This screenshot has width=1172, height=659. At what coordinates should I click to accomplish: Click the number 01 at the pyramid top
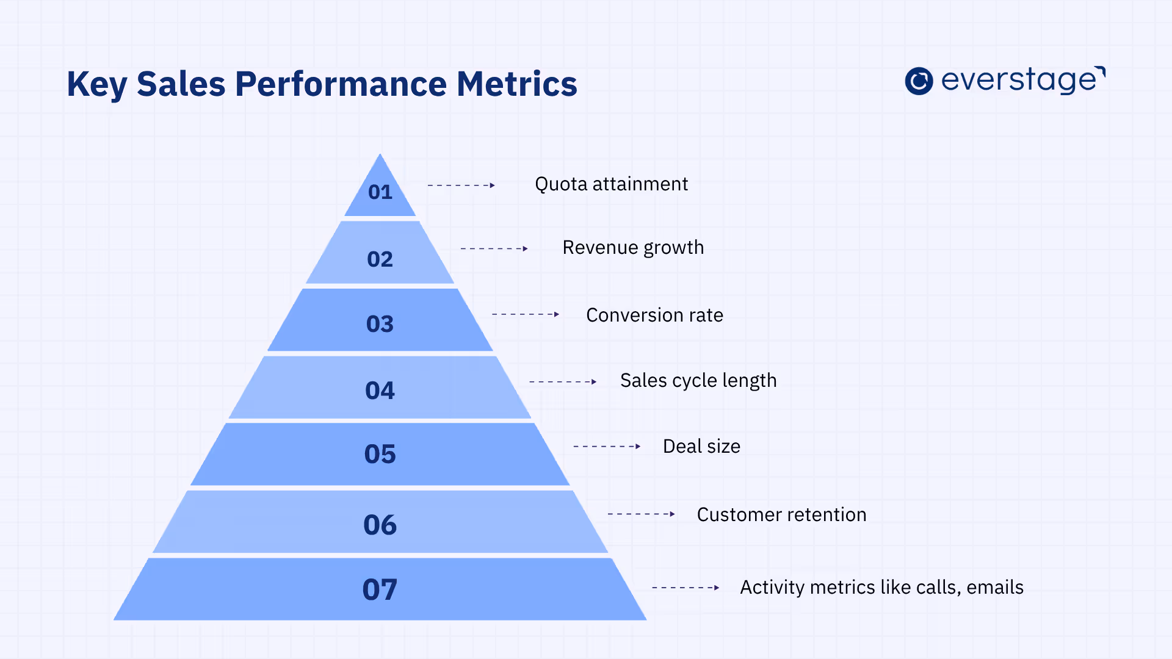(380, 192)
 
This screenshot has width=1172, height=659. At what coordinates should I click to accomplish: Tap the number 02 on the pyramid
(380, 259)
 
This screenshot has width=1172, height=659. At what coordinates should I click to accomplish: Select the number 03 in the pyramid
(380, 324)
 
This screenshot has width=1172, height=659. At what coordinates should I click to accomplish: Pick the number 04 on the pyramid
(380, 391)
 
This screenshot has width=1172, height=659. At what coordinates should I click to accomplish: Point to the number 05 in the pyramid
(380, 455)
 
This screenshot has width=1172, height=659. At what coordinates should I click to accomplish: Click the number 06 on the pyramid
(380, 525)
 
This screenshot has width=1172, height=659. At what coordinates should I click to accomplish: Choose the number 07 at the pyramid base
(380, 590)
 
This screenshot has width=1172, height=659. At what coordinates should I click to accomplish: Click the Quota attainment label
(611, 184)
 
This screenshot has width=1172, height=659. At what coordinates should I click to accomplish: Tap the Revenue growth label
(633, 248)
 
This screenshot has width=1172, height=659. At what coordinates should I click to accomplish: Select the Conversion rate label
(654, 315)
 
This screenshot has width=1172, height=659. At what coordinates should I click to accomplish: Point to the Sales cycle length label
(698, 381)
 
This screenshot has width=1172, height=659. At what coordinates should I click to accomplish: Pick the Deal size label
(701, 447)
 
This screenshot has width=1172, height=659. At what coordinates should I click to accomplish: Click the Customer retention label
(781, 515)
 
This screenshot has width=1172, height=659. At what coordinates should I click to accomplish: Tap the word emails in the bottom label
(995, 588)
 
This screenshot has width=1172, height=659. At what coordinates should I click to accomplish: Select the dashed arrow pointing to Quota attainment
(461, 185)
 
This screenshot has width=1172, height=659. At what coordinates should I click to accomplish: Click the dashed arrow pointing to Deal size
(607, 447)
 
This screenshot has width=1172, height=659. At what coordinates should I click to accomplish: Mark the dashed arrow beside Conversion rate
(526, 314)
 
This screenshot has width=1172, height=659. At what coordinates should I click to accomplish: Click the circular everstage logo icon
(919, 81)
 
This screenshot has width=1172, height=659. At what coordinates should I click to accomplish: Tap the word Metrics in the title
(516, 84)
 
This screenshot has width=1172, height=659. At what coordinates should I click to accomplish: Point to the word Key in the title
(96, 84)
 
